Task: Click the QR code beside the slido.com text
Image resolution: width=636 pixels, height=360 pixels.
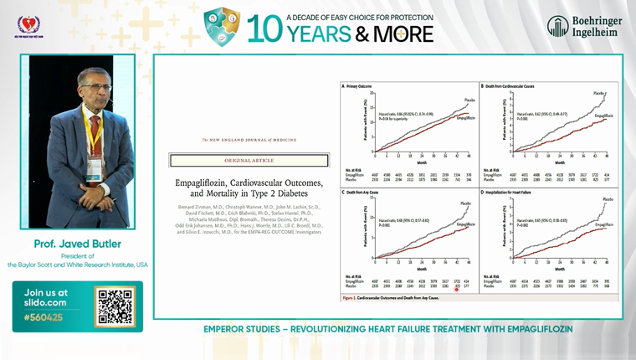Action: (115, 306)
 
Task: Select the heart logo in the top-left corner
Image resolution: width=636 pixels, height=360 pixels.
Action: (28, 25)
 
